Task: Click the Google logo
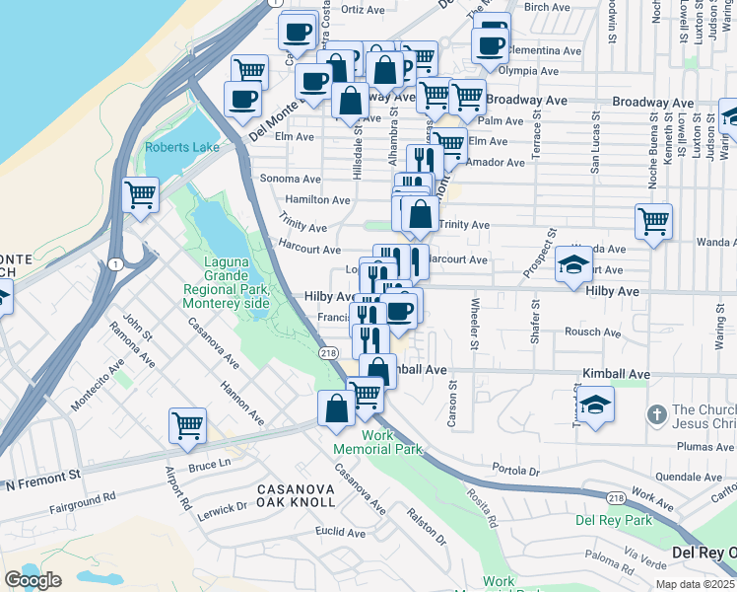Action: coord(33,580)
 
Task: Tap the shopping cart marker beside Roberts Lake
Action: coord(141,193)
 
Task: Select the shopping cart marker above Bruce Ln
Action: coord(187,425)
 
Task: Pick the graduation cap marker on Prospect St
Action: coord(572,263)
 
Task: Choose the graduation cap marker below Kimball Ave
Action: coord(595,404)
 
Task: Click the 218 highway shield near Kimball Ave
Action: coord(328,352)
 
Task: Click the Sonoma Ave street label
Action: coord(290,179)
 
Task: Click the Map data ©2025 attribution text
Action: coord(692,584)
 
